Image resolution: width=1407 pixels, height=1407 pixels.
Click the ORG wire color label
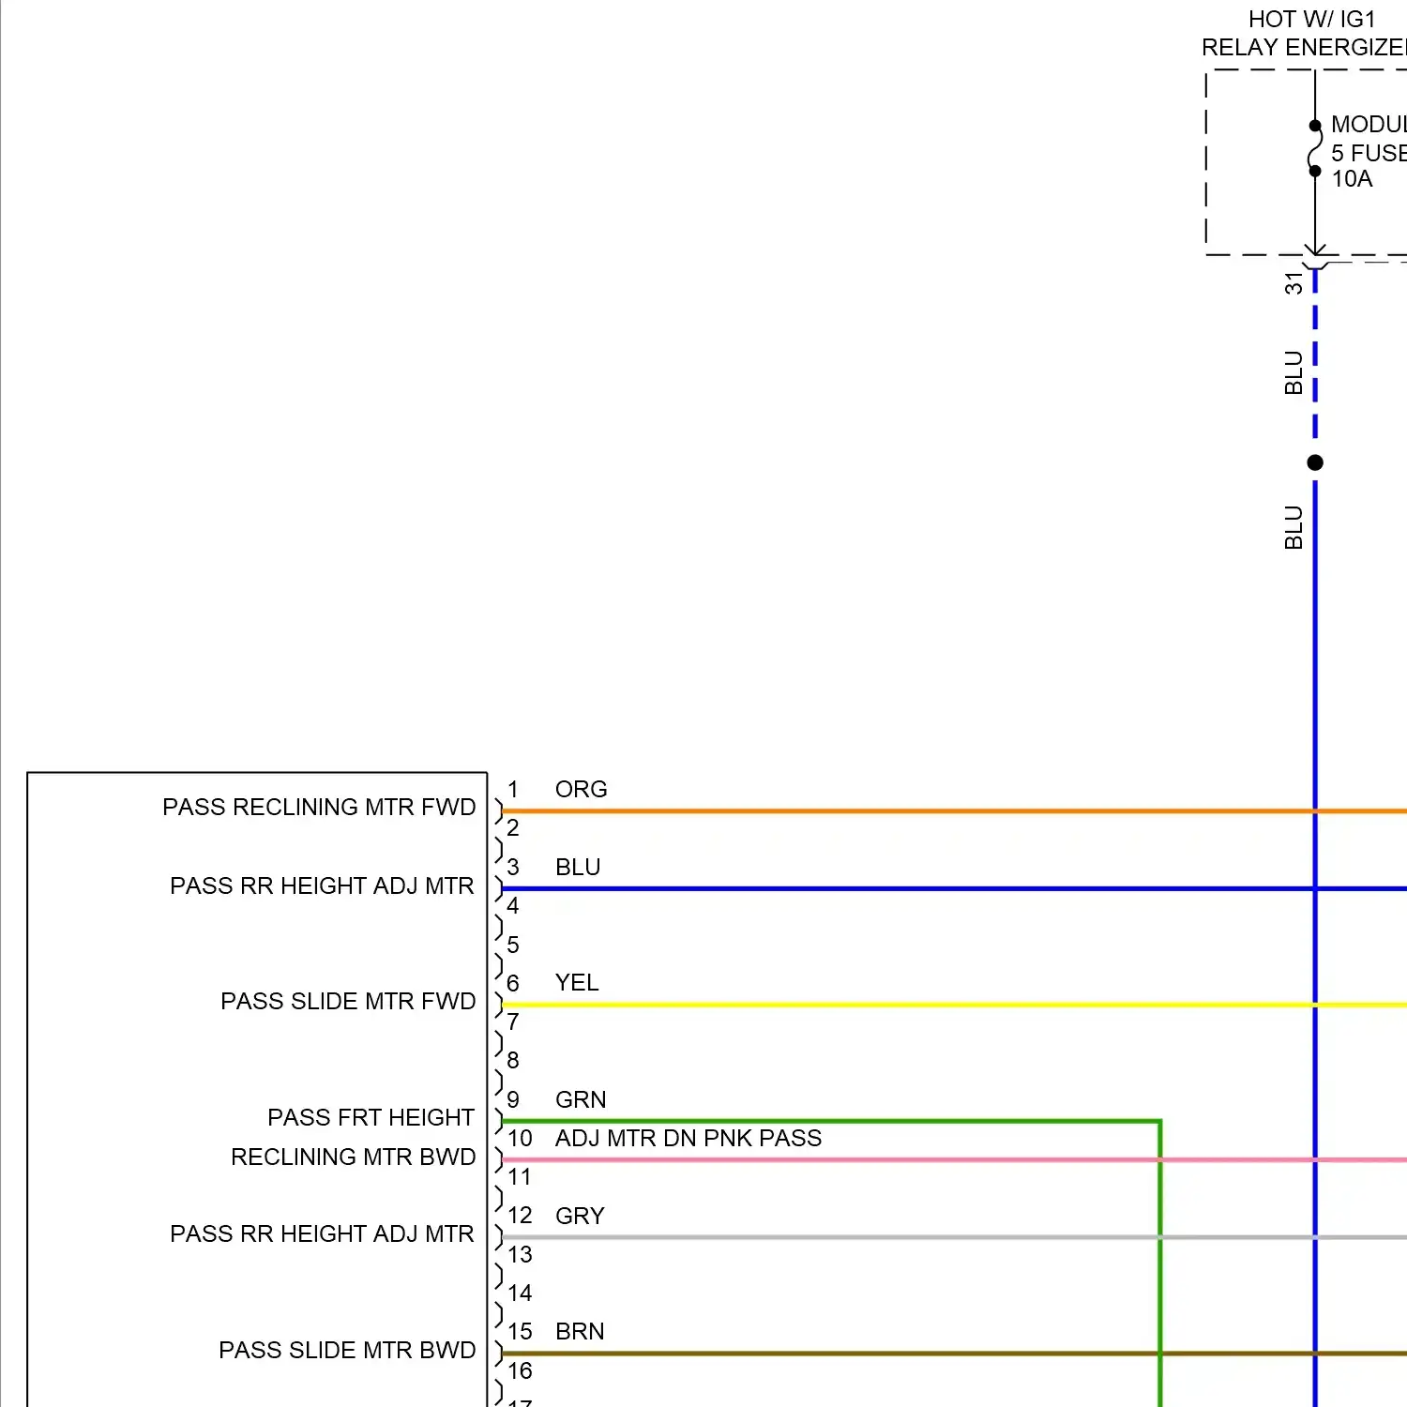coord(581,789)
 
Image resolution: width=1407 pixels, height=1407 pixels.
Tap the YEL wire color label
coord(576,982)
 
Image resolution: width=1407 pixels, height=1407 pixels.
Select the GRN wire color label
coord(581,1099)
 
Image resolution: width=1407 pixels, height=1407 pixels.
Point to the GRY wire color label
coord(580,1216)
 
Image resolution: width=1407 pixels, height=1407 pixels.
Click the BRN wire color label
coord(580,1331)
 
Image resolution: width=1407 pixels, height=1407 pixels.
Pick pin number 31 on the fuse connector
coord(1294,283)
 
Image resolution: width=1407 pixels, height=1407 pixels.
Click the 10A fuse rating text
coord(1352,178)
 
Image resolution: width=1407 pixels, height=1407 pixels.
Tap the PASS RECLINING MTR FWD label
coord(319,807)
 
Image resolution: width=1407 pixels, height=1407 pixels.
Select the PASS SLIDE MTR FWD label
coord(348,1001)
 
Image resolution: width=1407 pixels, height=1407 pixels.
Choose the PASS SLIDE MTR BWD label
coord(347,1350)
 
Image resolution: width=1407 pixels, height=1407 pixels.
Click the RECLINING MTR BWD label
coord(353,1157)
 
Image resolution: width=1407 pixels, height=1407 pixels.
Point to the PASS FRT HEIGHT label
coord(371,1117)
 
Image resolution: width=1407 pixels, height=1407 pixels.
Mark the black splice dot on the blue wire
coord(1315,462)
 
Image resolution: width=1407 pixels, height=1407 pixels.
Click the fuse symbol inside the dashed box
coord(1315,148)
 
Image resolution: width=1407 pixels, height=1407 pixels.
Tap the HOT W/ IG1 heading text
coord(1311,19)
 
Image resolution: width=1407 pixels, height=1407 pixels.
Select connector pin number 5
coord(513,945)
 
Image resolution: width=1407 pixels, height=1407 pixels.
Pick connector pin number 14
coord(520,1293)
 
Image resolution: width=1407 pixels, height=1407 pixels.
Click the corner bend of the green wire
coord(1160,1121)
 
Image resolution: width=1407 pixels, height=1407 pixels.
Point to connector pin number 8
coord(513,1060)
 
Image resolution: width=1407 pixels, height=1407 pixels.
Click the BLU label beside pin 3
coord(578,867)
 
